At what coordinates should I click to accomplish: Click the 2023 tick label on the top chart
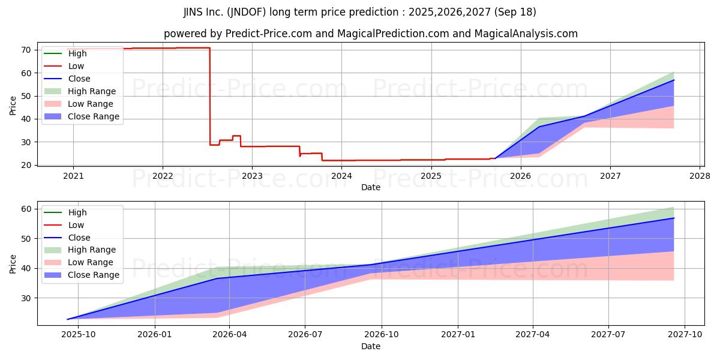[252, 176]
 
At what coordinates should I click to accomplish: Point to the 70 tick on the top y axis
[26, 50]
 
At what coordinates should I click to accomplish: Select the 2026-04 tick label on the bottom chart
[229, 334]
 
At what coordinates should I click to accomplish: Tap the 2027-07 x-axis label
[608, 334]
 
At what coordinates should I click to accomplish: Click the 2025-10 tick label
[79, 334]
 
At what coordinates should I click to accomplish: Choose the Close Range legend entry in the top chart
[82, 116]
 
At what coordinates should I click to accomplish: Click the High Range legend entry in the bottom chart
[80, 250]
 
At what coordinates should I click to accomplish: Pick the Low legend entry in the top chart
[64, 66]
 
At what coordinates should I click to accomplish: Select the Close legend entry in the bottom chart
[67, 238]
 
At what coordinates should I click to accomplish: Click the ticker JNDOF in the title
[246, 12]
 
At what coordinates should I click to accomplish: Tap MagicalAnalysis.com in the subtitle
[526, 34]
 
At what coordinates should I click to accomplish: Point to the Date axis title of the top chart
[371, 187]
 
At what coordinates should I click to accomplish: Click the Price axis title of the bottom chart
[13, 264]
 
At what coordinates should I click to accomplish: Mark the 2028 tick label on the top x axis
[700, 176]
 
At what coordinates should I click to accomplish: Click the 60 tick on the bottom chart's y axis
[26, 209]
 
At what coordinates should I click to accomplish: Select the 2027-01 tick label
[458, 334]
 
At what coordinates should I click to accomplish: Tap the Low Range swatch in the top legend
[53, 104]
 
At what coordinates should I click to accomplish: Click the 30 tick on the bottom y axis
[26, 298]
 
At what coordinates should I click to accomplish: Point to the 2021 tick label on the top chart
[73, 176]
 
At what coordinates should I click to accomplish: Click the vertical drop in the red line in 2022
[210, 97]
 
